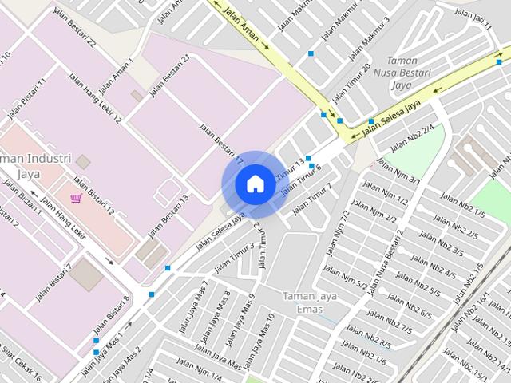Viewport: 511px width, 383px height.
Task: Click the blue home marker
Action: (255, 184)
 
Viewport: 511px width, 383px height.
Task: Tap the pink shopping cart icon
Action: (76, 198)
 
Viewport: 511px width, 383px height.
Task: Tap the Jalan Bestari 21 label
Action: (169, 76)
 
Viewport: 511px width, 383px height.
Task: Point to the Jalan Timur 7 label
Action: (312, 199)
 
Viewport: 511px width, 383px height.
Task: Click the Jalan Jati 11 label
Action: (473, 19)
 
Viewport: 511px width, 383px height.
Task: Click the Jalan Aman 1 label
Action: (117, 76)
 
